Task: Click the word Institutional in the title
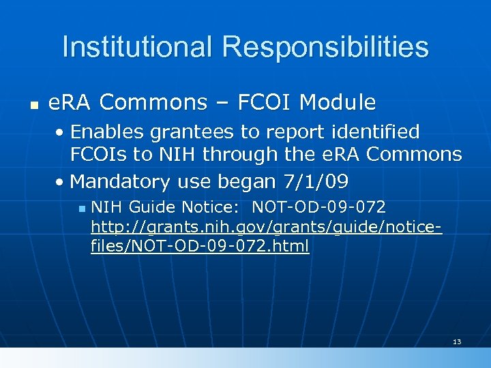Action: pyautogui.click(x=138, y=47)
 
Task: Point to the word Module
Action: pyautogui.click(x=338, y=103)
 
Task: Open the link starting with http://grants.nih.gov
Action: pyautogui.click(x=266, y=226)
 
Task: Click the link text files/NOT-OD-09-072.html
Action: pyautogui.click(x=200, y=246)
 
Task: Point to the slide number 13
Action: pyautogui.click(x=456, y=341)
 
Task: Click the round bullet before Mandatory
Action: pyautogui.click(x=61, y=183)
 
